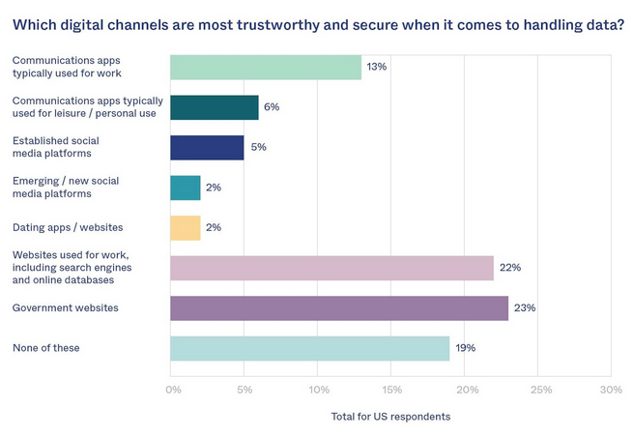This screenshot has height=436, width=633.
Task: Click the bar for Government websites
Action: (x=338, y=308)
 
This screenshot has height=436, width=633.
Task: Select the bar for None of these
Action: (x=309, y=348)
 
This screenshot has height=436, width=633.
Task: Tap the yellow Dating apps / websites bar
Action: (x=185, y=228)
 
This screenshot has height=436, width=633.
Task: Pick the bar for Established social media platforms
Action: (x=207, y=147)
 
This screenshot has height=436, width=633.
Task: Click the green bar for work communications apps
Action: (x=266, y=67)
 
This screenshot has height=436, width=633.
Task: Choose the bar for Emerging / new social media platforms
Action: (x=185, y=188)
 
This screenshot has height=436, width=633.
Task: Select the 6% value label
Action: (x=272, y=107)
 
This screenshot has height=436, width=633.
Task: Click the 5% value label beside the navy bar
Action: (x=258, y=147)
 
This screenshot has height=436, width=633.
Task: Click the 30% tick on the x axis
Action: (x=611, y=391)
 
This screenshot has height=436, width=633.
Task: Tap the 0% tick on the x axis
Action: (x=173, y=391)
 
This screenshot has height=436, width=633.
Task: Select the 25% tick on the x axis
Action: (x=539, y=391)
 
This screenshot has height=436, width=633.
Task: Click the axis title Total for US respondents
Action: (x=390, y=417)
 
